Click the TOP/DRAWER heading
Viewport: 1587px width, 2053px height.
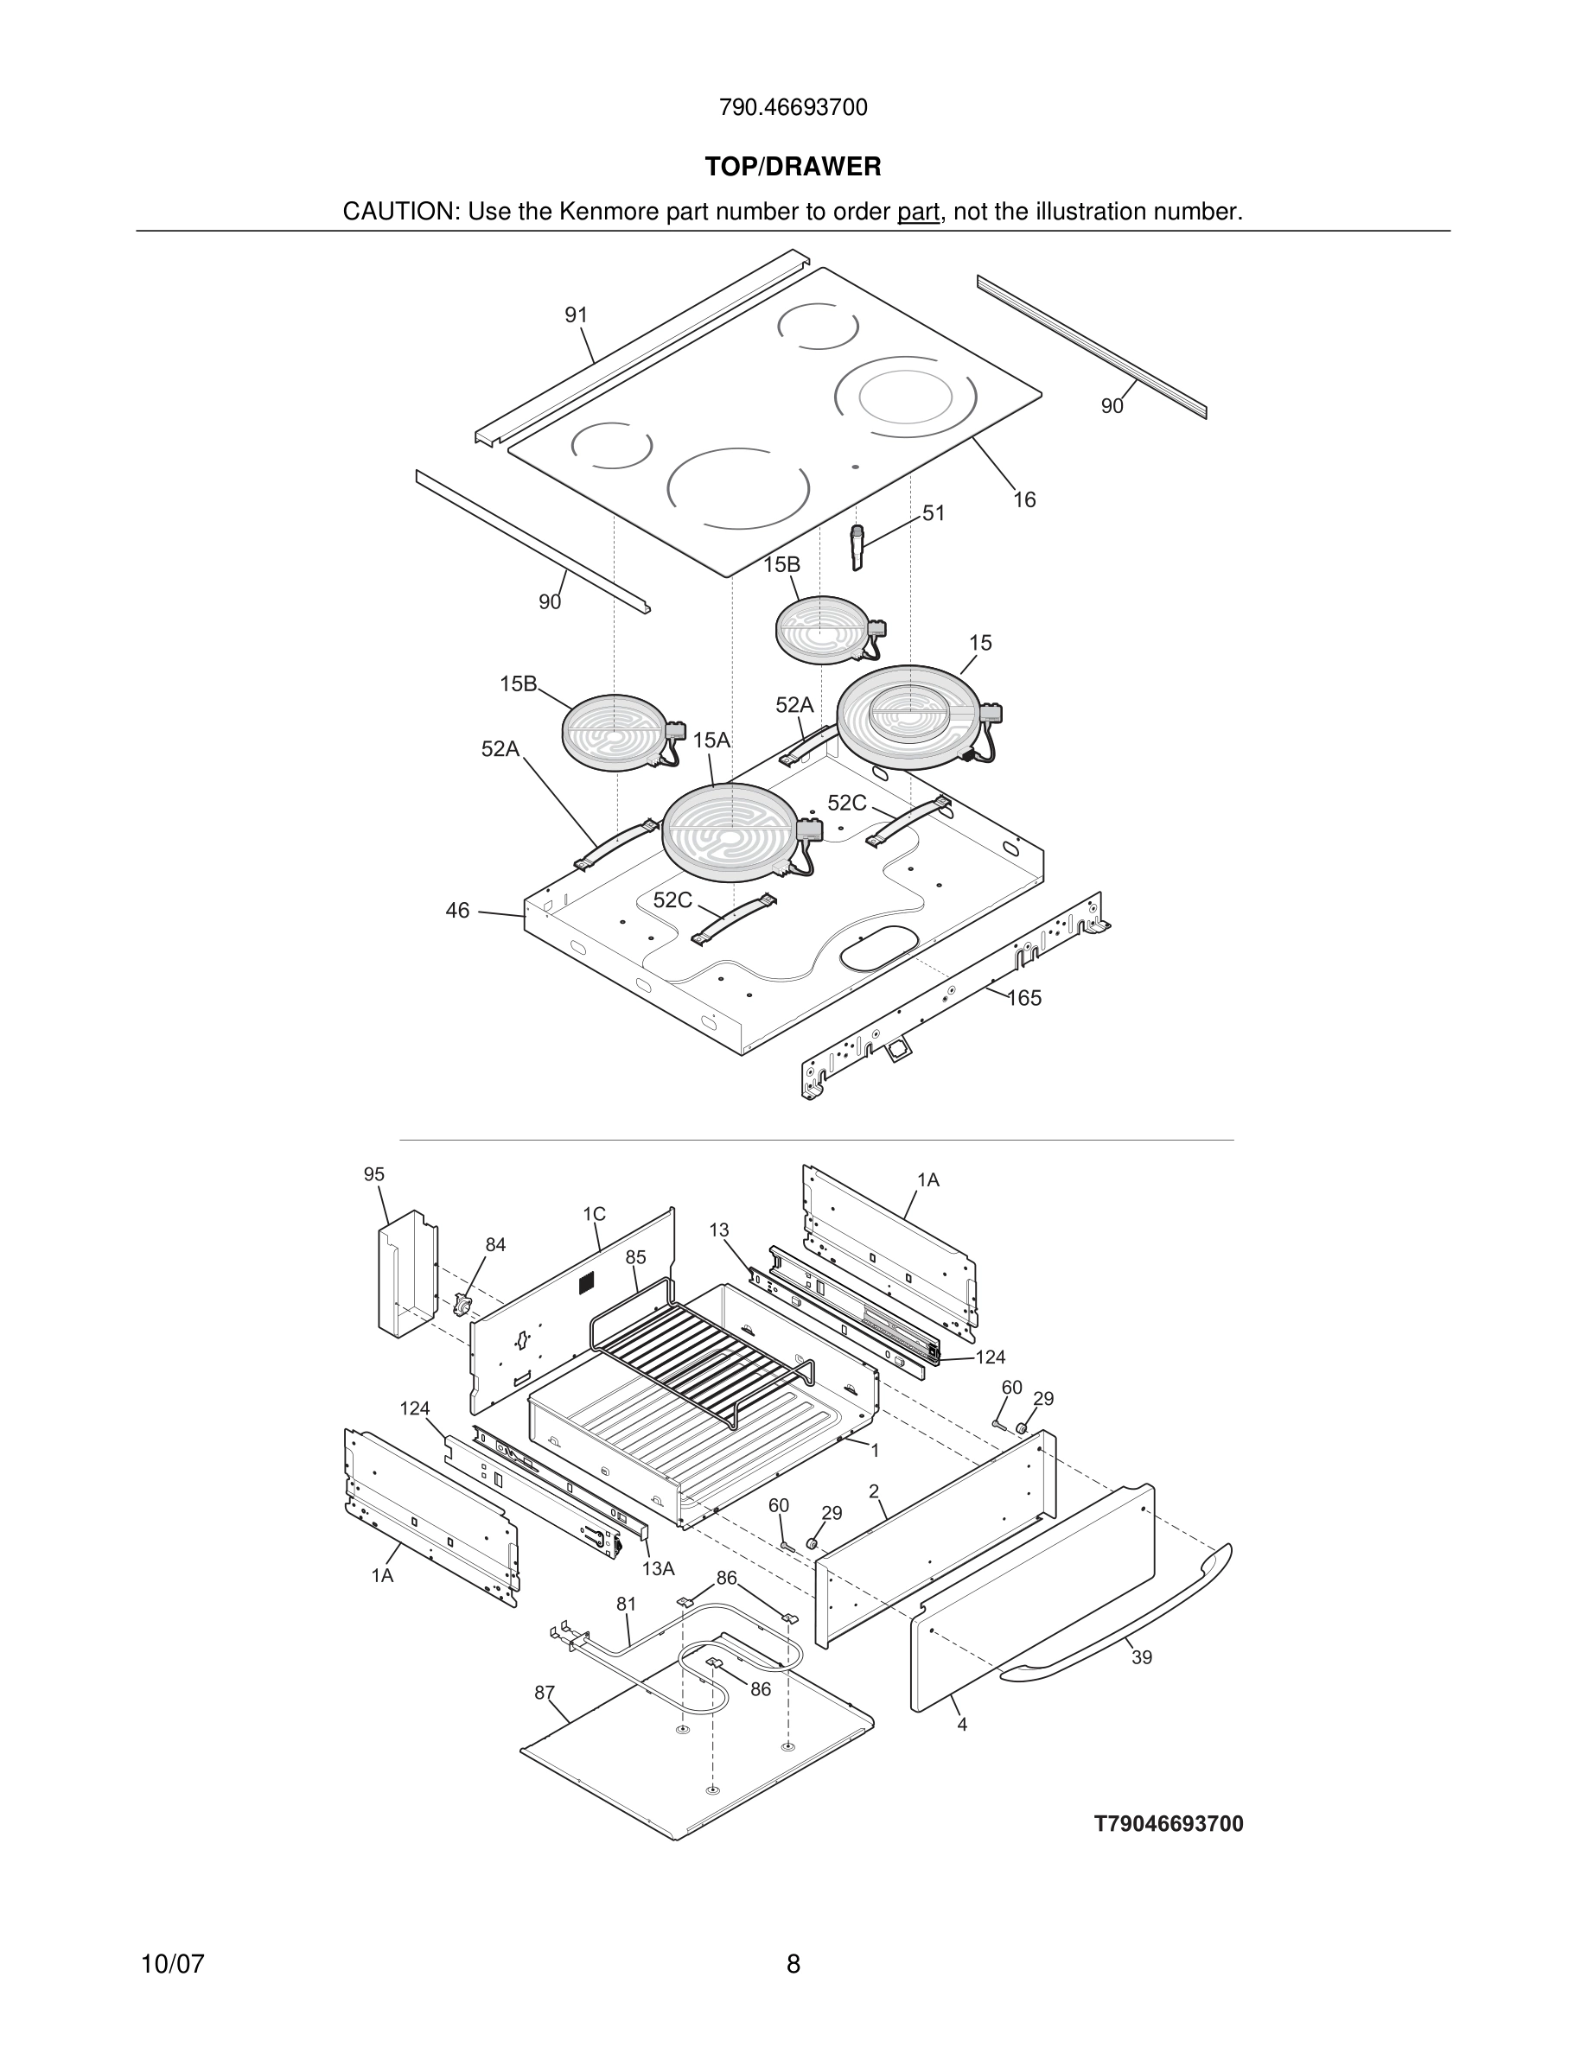click(793, 168)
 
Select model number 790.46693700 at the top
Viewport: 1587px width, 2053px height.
click(793, 108)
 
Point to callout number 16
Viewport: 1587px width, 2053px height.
click(1023, 500)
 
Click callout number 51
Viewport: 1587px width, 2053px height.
click(933, 513)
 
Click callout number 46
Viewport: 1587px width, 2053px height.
click(457, 911)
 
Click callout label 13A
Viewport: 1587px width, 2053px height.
click(658, 1569)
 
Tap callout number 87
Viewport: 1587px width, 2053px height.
click(545, 1693)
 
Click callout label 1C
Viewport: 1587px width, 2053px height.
click(593, 1215)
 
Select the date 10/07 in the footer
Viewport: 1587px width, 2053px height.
click(172, 1964)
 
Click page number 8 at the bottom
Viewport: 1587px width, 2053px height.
click(793, 1964)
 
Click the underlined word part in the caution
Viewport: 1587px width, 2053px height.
click(918, 213)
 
